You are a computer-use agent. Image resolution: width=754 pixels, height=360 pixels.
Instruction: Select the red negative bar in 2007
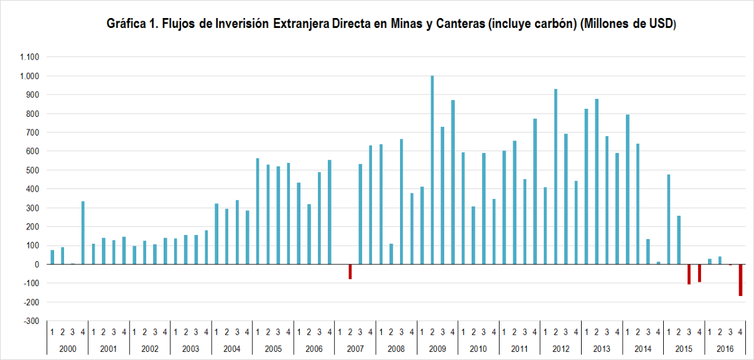(350, 272)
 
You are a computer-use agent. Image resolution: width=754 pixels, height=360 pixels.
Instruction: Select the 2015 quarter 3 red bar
(689, 274)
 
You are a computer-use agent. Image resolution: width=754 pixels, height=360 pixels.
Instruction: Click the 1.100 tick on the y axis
(30, 57)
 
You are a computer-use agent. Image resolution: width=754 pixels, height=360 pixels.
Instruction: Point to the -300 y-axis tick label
(31, 321)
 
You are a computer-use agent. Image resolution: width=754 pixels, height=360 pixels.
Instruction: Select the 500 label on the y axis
(33, 170)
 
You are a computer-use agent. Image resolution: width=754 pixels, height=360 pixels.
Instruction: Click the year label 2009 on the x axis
(437, 349)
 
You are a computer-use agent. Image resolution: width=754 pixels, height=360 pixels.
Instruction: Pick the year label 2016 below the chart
(725, 349)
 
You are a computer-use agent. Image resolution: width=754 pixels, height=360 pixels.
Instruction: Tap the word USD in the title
(661, 24)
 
